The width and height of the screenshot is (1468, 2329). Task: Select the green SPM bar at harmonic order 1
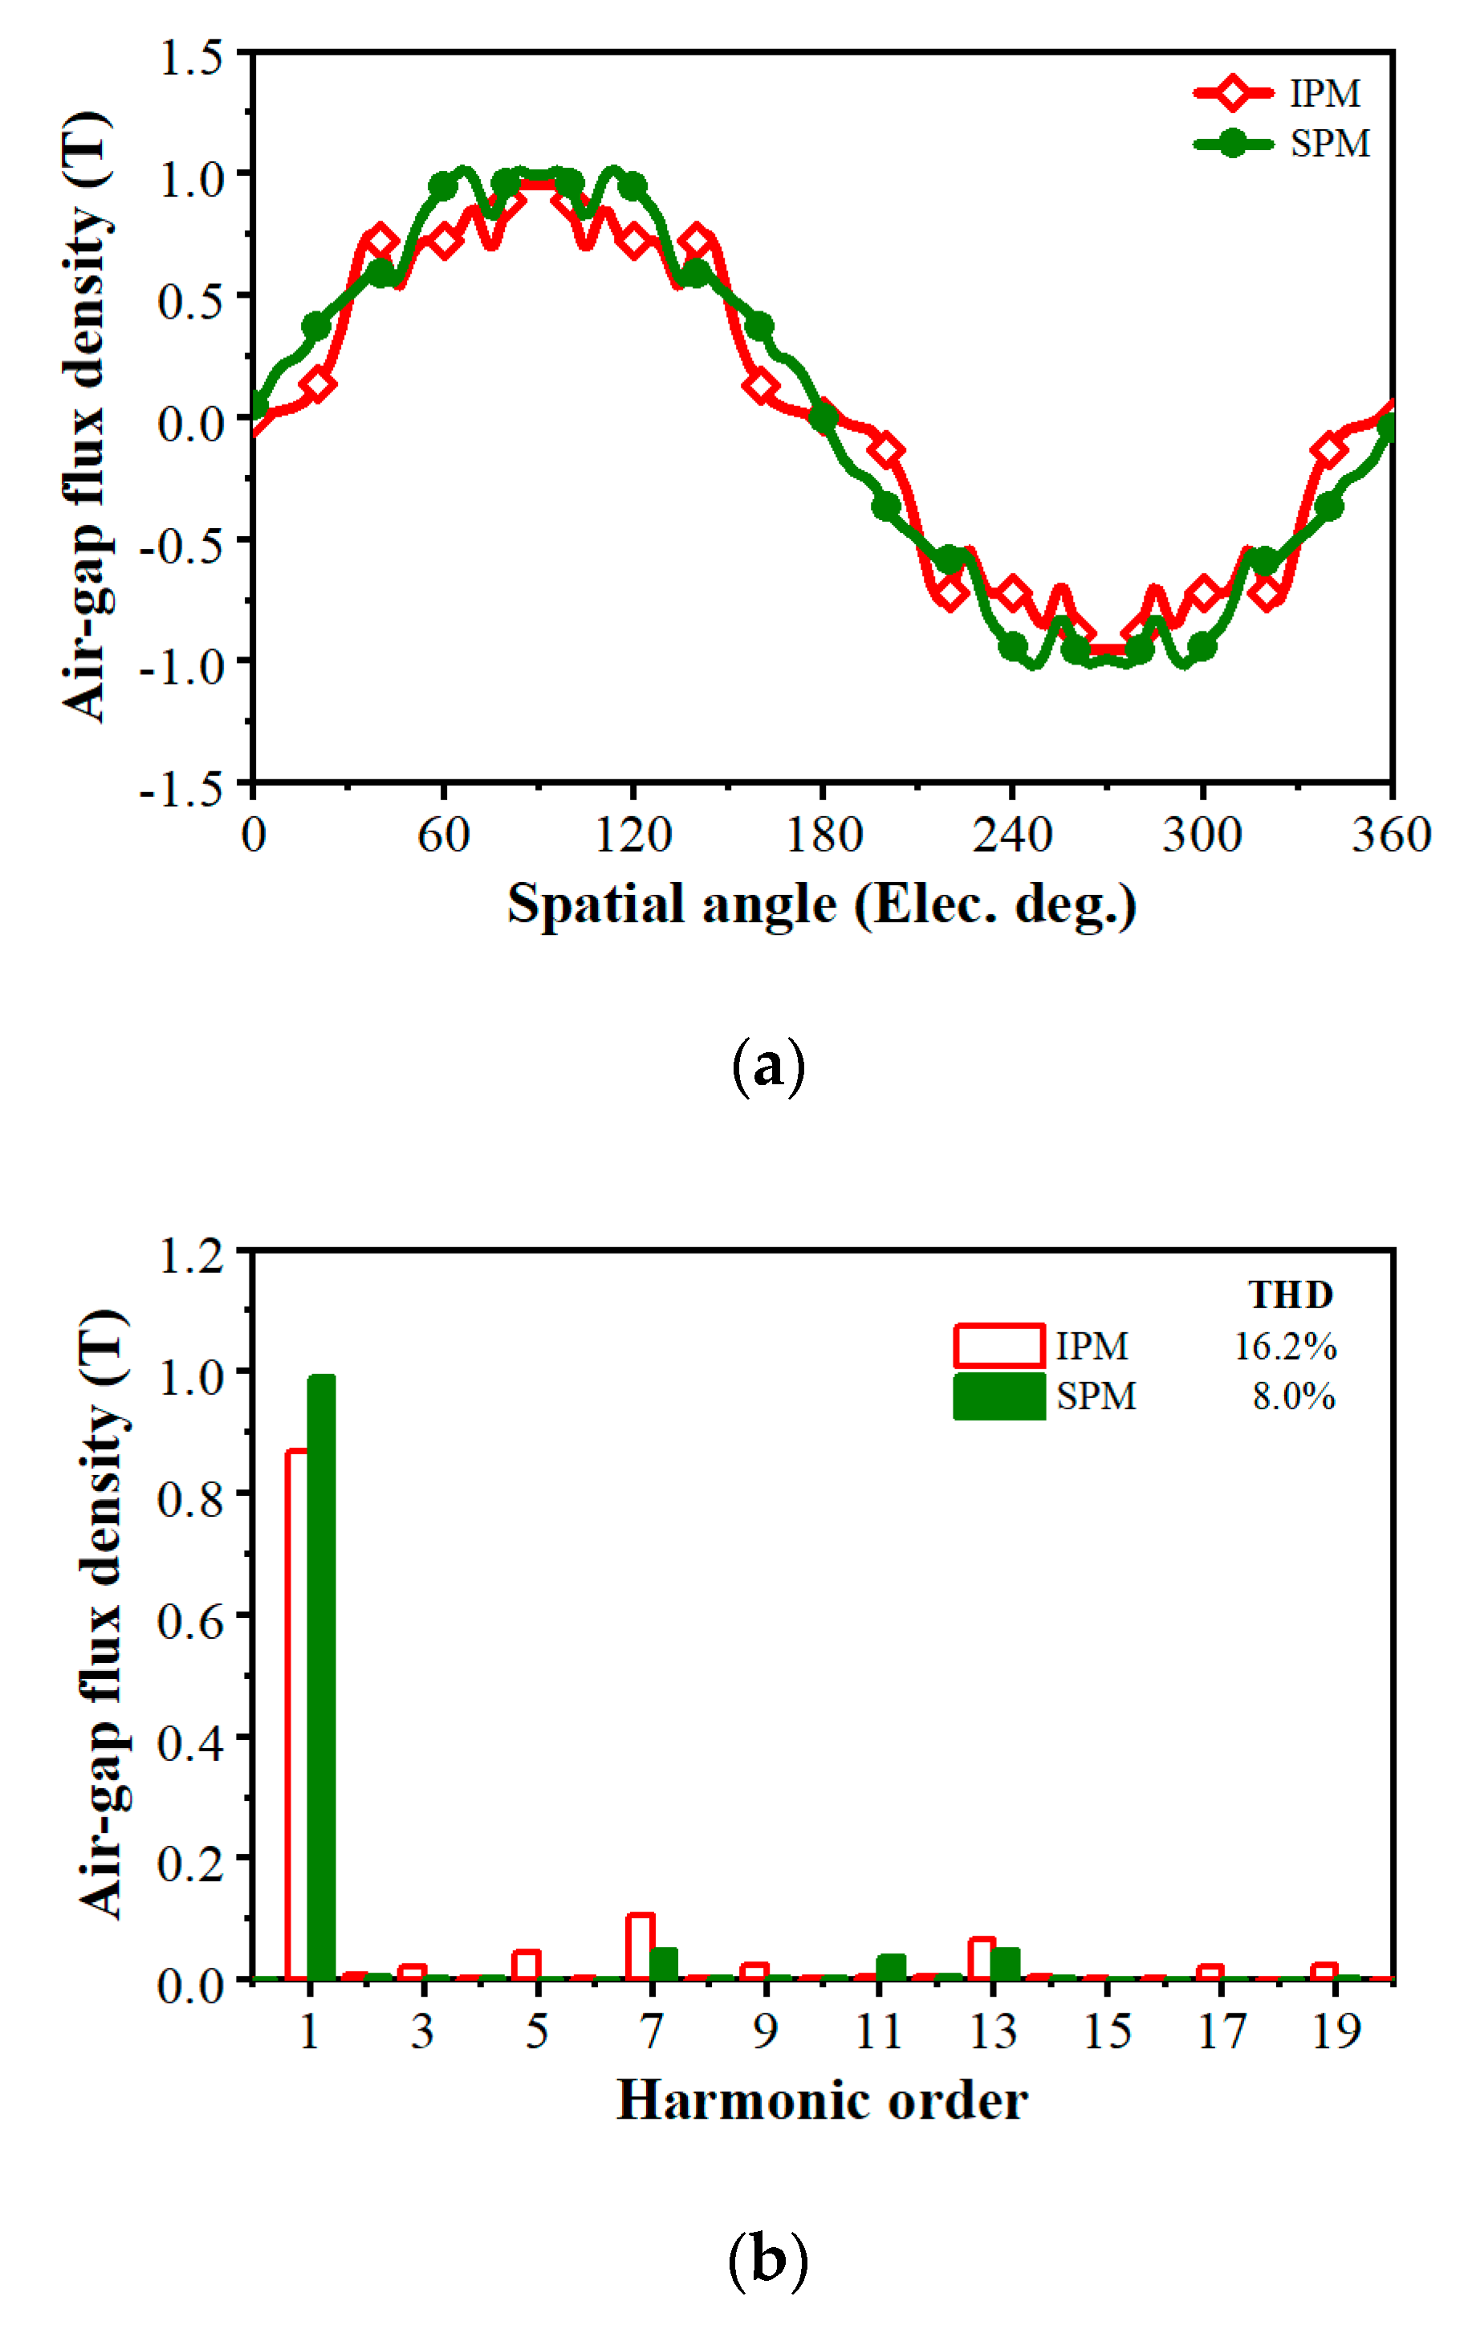coord(321,1677)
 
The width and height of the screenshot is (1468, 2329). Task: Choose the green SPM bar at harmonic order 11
coord(891,1966)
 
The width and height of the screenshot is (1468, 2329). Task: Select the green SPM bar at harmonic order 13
coord(1005,1963)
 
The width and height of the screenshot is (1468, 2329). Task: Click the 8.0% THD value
coord(1293,1396)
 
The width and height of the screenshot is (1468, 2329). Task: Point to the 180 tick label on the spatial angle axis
coord(823,835)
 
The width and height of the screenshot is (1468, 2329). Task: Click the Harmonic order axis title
coord(822,2101)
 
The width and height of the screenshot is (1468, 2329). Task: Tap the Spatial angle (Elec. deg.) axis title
coord(822,904)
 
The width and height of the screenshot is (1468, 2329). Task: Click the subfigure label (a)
coord(768,1067)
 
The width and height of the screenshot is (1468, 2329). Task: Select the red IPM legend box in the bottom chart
coord(998,1344)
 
